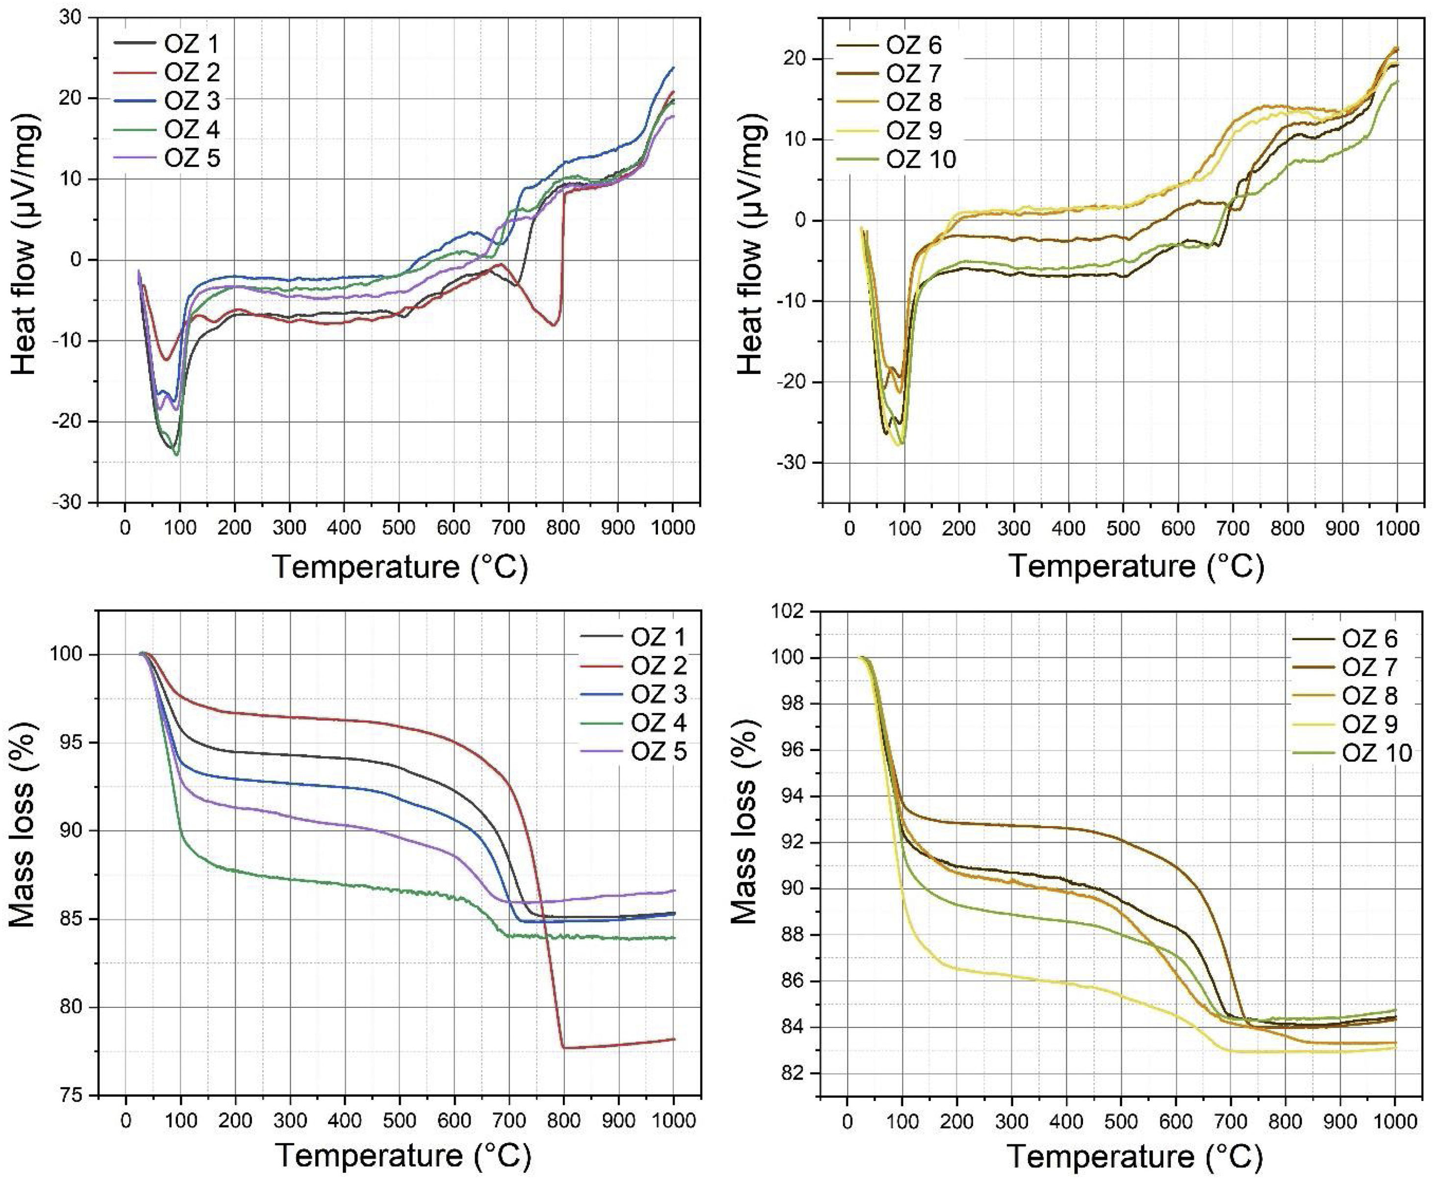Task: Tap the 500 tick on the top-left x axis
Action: click(x=399, y=527)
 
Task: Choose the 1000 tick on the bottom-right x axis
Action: click(x=1395, y=1121)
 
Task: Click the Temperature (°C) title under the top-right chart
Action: click(x=1136, y=566)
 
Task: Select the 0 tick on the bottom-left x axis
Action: click(x=126, y=1121)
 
